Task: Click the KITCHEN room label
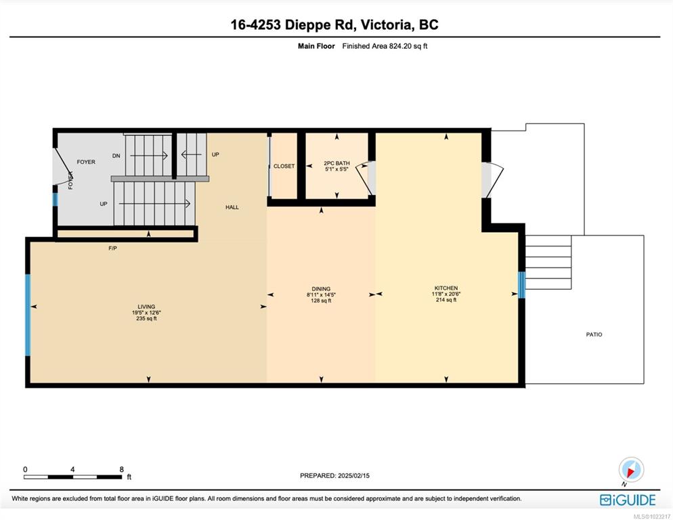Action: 446,288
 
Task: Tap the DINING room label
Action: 321,289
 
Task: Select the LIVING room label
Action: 146,307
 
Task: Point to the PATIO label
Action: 594,334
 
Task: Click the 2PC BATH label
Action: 336,163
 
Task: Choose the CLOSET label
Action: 284,166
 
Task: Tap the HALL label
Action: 232,207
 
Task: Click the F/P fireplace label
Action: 112,248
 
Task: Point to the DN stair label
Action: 116,156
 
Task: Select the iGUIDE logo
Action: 628,500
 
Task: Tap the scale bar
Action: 73,477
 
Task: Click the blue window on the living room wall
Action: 28,315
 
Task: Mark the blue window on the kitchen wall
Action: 522,284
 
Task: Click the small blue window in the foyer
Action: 55,200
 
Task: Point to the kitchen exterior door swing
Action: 494,180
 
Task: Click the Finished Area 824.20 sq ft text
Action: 385,46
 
